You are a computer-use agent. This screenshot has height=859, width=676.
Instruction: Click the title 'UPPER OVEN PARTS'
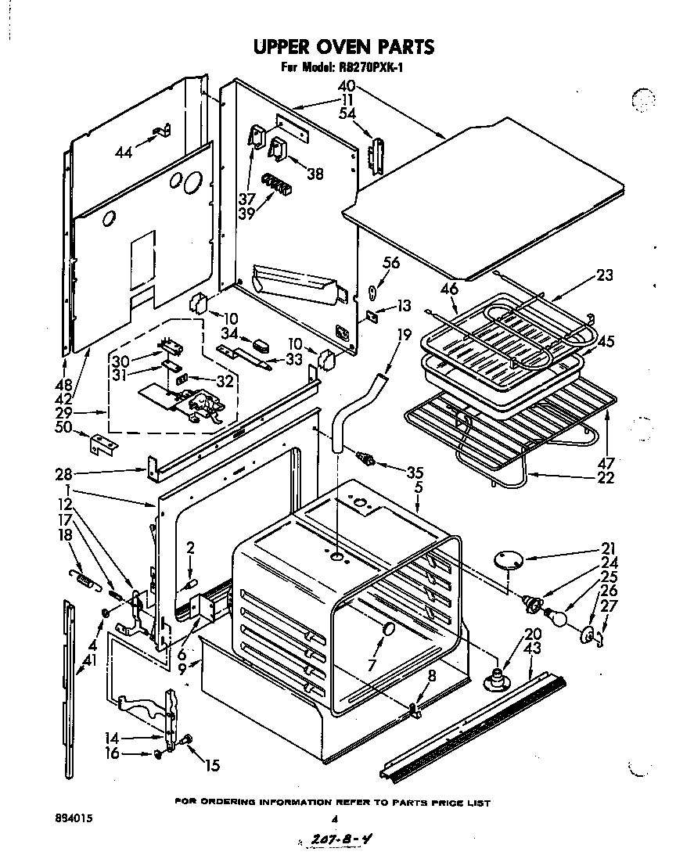(343, 47)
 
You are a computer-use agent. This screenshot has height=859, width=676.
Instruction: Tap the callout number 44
(124, 153)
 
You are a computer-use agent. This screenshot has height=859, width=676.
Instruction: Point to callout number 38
(315, 174)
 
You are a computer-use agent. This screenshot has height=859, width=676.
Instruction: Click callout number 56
(390, 263)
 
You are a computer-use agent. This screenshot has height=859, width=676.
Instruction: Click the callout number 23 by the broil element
(604, 275)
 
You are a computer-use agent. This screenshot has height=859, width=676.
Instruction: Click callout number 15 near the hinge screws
(212, 766)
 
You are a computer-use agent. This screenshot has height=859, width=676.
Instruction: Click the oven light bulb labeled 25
(557, 617)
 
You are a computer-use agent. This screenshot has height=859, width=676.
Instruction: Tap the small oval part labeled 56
(372, 293)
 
